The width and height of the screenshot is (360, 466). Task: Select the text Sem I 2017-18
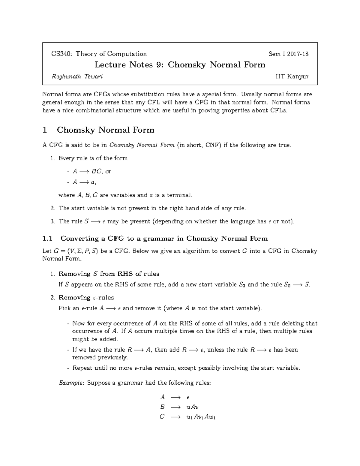[288, 54]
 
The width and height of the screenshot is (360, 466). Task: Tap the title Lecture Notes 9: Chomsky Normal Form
[180, 65]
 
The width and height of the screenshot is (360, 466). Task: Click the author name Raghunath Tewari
[77, 77]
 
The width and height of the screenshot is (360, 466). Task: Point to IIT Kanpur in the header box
[292, 77]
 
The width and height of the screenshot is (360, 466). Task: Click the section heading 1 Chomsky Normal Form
[98, 130]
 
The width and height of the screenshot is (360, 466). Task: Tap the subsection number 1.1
[48, 239]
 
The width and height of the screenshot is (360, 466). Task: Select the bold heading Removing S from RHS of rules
[109, 274]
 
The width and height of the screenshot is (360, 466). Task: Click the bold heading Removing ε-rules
[86, 298]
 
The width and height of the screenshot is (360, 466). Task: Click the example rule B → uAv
[179, 407]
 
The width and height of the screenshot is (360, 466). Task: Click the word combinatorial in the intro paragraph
[91, 110]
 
